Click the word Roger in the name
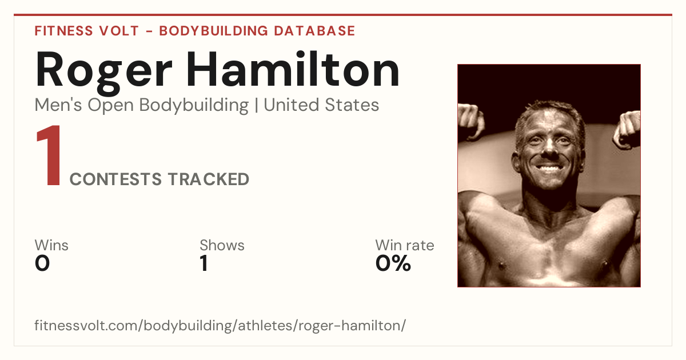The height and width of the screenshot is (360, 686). (x=103, y=73)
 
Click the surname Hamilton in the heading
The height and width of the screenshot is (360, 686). (x=293, y=69)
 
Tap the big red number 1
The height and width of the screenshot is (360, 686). (x=49, y=155)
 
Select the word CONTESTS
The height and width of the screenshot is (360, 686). (x=115, y=179)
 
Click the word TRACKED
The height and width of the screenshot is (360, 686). (x=209, y=179)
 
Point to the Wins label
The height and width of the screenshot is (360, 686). (x=51, y=245)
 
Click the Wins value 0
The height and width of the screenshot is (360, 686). (x=42, y=263)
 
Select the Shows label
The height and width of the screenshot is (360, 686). (x=222, y=245)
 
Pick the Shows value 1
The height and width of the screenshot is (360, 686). (x=204, y=263)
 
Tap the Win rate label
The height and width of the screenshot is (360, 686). (x=405, y=245)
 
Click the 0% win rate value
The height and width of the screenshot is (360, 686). (x=393, y=263)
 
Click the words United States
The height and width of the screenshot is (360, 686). (x=321, y=105)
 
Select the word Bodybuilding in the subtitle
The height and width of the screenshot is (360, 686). (x=194, y=106)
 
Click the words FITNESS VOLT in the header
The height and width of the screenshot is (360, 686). (x=87, y=31)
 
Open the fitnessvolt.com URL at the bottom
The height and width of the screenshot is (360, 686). (x=220, y=325)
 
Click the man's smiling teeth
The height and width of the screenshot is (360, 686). (x=548, y=168)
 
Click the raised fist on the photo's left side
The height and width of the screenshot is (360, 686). (x=471, y=121)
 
